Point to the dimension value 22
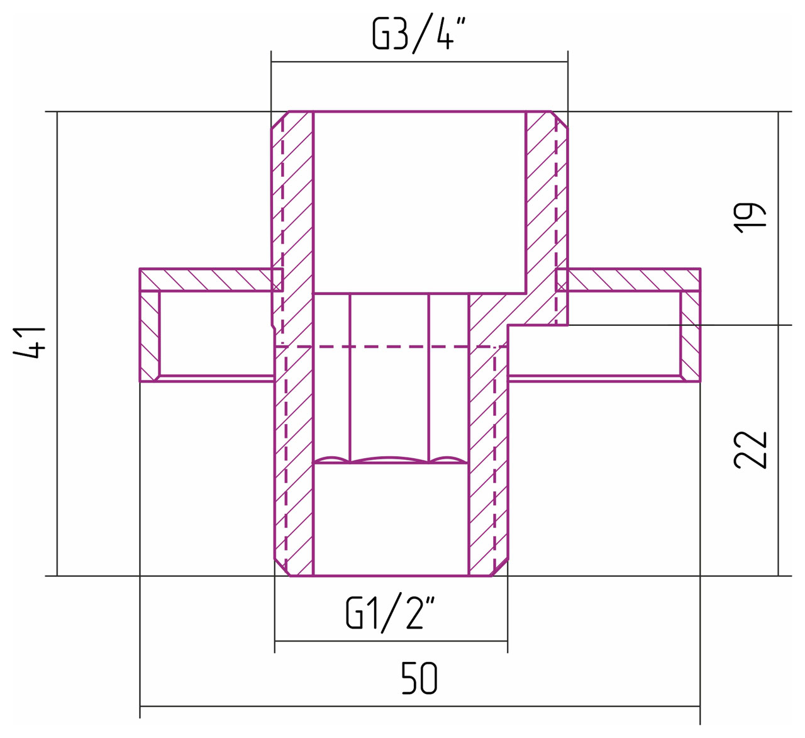[750, 450]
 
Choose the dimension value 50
[419, 679]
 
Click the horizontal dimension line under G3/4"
[419, 62]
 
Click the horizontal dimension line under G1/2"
[391, 641]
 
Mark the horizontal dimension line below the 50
[419, 707]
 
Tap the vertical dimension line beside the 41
[57, 344]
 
